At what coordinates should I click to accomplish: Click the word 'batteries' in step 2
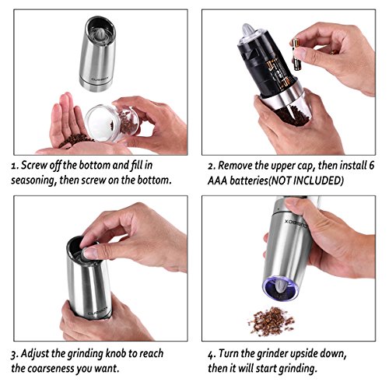pyautogui.click(x=248, y=180)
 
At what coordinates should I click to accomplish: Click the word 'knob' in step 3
pyautogui.click(x=116, y=353)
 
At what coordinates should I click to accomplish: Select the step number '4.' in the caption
pyautogui.click(x=212, y=354)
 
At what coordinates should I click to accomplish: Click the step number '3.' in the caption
pyautogui.click(x=15, y=354)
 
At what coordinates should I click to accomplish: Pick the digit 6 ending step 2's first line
pyautogui.click(x=371, y=165)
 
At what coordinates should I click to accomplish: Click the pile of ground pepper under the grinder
pyautogui.click(x=272, y=321)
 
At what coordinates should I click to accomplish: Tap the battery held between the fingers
pyautogui.click(x=296, y=55)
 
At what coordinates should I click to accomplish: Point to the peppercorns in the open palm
pyautogui.click(x=75, y=140)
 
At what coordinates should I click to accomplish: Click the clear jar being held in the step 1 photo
pyautogui.click(x=112, y=122)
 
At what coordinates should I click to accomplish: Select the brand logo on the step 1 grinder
pyautogui.click(x=98, y=78)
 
